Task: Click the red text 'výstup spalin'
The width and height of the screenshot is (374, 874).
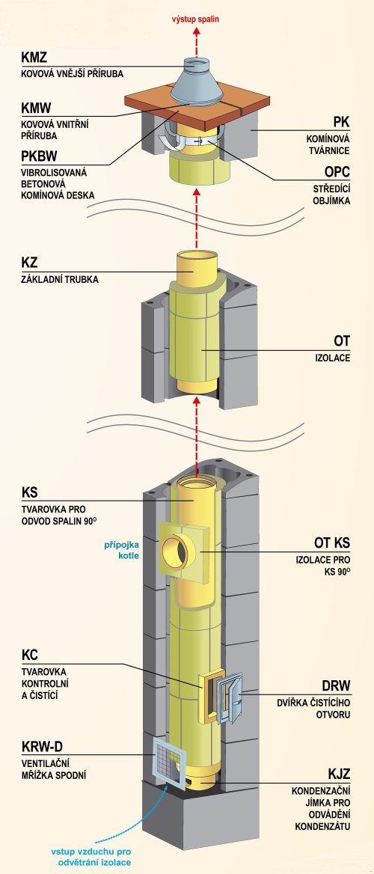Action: (195, 19)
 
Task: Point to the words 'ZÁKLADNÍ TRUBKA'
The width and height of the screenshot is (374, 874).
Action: (60, 280)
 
